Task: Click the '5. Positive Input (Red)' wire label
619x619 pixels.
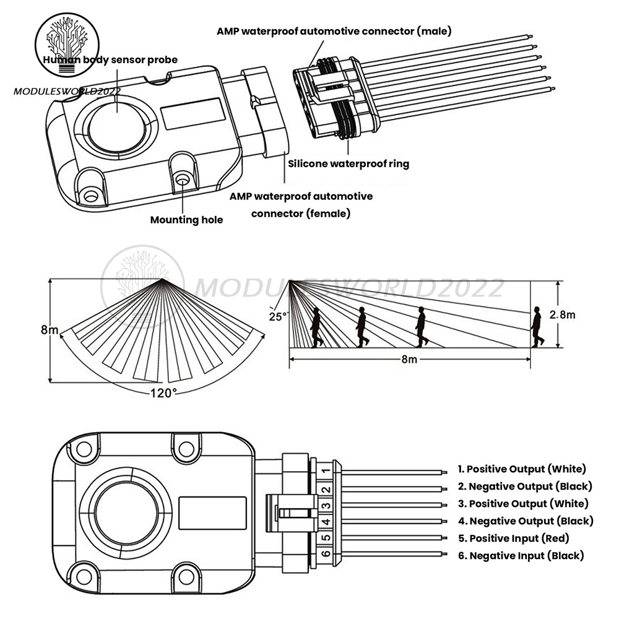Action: (514, 538)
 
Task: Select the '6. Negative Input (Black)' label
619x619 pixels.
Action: (521, 555)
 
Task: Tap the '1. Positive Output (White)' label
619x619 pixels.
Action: (522, 469)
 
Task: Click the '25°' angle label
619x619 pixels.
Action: (278, 316)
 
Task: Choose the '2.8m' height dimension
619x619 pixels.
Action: (562, 314)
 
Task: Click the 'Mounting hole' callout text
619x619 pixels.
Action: (186, 220)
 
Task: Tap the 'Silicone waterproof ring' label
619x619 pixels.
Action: (348, 163)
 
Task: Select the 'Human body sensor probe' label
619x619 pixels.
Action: (110, 60)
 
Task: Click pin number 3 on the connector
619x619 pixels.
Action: (326, 506)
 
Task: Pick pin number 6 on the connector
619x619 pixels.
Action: (326, 553)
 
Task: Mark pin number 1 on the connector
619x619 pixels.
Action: (326, 471)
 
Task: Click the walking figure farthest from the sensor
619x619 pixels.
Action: (537, 327)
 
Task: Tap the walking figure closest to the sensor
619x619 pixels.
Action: (316, 327)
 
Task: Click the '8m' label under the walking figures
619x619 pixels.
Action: (409, 359)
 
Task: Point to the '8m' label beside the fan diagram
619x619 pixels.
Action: (50, 330)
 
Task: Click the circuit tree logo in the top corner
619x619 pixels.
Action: (67, 44)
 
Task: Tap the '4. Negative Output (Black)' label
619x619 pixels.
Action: (526, 521)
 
